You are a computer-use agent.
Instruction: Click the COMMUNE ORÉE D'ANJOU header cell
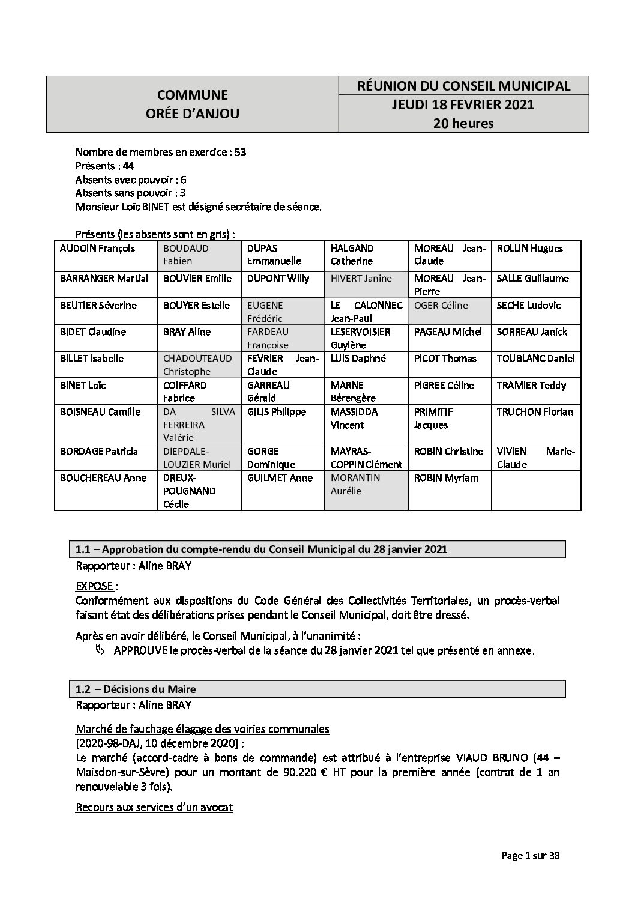point(192,104)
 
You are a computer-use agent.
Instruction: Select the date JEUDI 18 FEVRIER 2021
point(463,104)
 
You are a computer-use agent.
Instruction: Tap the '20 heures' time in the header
point(463,124)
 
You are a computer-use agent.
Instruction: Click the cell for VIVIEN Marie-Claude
point(535,458)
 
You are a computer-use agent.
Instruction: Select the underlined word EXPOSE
point(94,586)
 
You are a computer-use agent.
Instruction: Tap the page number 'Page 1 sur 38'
point(530,856)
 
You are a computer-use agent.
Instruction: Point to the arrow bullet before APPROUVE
point(100,651)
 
